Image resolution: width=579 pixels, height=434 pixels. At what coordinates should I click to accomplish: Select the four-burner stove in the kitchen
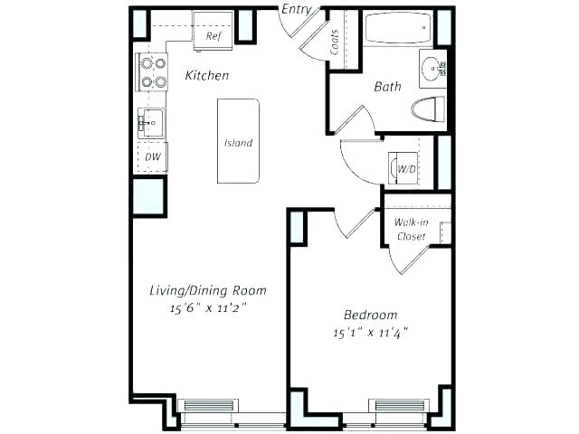click(x=152, y=72)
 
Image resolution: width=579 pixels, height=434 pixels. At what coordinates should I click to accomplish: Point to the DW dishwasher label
click(x=152, y=156)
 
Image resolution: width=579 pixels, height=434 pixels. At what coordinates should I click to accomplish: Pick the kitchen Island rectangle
click(x=238, y=141)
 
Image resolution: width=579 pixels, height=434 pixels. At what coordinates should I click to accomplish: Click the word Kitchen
click(x=206, y=76)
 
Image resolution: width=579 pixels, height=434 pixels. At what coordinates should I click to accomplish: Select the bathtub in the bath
click(x=398, y=30)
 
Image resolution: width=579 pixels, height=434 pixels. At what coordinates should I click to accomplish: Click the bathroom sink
click(x=434, y=67)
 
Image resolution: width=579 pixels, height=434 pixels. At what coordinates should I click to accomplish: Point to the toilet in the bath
click(x=430, y=110)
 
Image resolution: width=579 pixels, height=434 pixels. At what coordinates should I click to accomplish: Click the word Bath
click(x=387, y=88)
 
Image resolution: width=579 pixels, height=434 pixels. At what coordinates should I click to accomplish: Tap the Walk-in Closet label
click(x=412, y=230)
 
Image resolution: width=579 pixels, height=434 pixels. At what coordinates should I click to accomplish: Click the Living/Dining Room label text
click(x=208, y=290)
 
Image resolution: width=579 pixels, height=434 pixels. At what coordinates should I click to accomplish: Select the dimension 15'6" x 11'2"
click(x=208, y=308)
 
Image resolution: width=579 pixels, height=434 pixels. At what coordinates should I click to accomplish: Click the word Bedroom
click(x=370, y=315)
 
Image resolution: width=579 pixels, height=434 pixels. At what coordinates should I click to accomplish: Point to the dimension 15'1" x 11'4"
click(x=370, y=332)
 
